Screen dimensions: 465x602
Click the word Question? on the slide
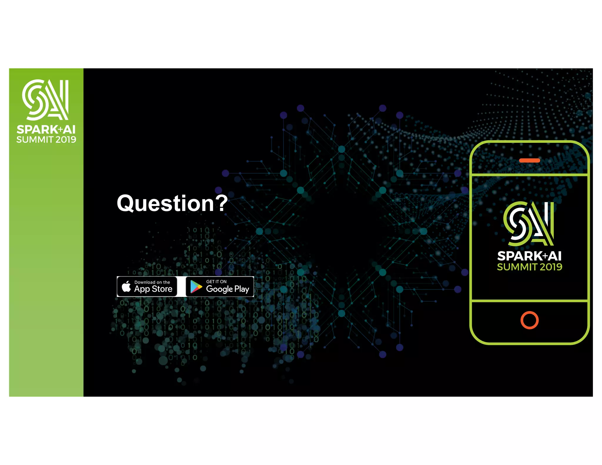coord(172,203)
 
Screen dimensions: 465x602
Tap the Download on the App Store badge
coord(147,286)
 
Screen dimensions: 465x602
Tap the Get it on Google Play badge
coord(220,286)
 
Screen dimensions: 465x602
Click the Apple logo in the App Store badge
coord(126,286)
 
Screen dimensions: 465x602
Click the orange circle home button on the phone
coord(529,320)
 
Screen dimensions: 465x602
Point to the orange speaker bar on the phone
coord(529,160)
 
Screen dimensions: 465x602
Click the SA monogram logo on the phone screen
coord(529,223)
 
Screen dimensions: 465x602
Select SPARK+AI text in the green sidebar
coord(46,129)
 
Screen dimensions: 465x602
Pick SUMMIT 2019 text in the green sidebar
coord(46,140)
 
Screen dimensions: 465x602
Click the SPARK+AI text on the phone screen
coord(529,256)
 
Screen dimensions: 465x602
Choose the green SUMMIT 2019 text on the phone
coord(529,267)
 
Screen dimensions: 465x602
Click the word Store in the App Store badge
coord(162,289)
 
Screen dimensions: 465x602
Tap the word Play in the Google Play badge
coord(242,289)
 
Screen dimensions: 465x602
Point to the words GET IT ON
coord(216,282)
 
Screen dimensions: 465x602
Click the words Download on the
coord(152,282)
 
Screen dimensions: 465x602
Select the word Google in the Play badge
coord(219,289)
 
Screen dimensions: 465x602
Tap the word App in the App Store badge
coord(142,289)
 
